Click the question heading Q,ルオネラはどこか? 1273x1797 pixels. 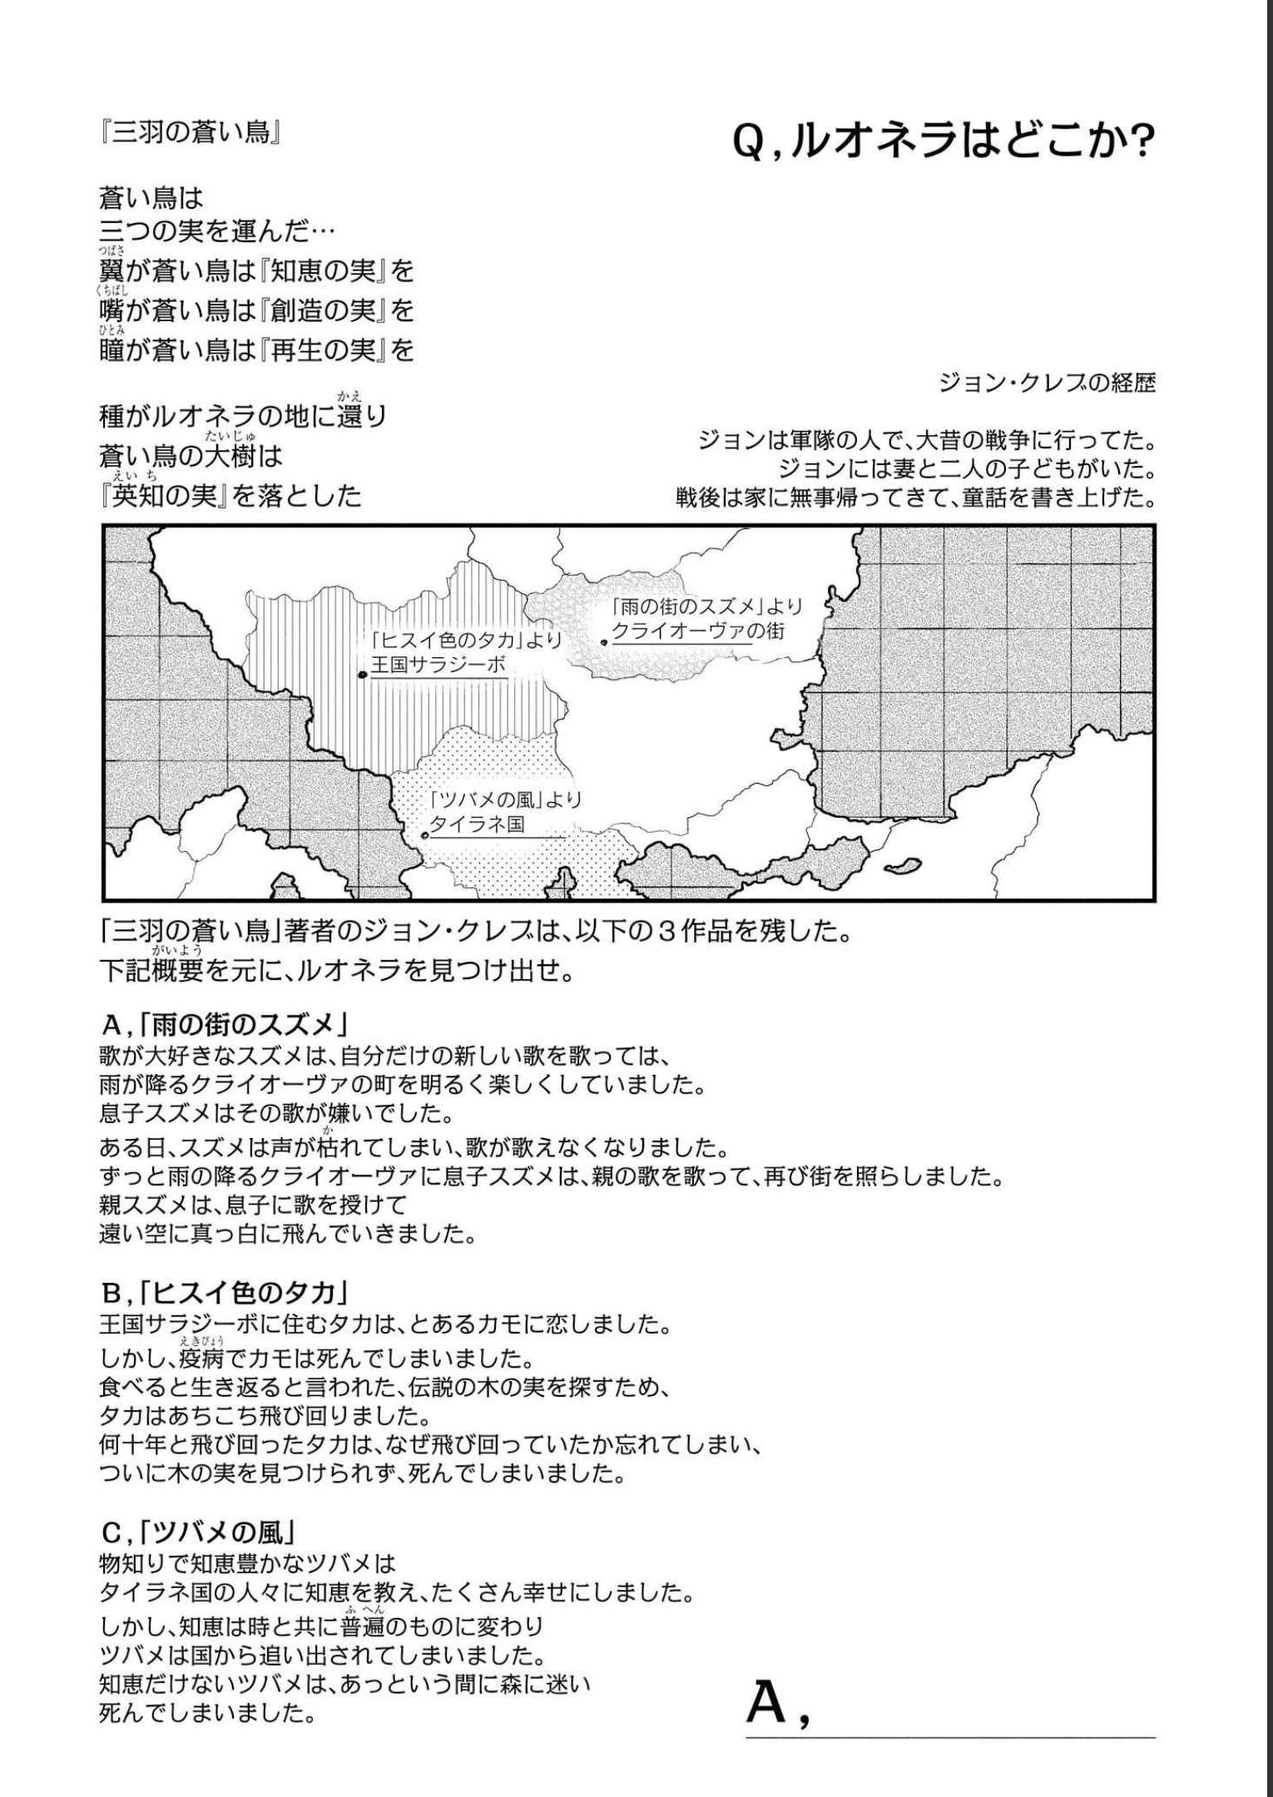point(944,143)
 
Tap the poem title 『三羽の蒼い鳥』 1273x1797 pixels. point(189,133)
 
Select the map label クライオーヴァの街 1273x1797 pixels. point(698,631)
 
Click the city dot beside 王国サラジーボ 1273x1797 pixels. point(362,675)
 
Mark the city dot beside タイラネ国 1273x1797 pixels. point(424,834)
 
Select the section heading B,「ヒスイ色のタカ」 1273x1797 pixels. point(222,1293)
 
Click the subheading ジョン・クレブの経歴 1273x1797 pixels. point(1047,384)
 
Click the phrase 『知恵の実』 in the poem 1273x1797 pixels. point(325,271)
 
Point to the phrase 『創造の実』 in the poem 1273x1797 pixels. point(325,311)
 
